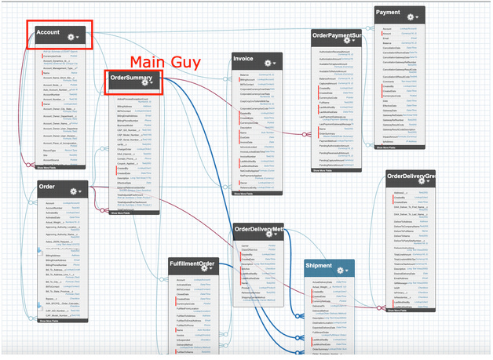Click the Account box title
coord(49,31)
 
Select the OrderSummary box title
coord(130,78)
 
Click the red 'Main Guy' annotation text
coord(165,61)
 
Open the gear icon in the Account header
coord(73,37)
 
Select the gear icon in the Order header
coord(73,191)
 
